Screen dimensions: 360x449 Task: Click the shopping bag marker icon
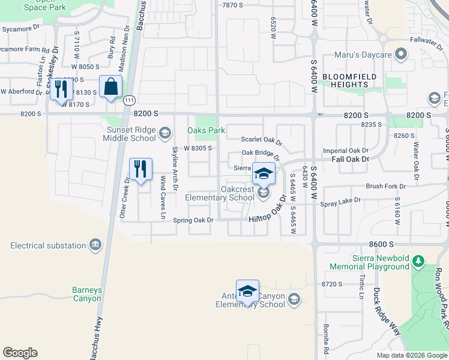coord(111,86)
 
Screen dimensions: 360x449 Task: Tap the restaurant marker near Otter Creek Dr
coord(140,169)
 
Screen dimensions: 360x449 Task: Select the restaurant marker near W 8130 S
coord(62,89)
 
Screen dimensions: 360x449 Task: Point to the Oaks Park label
coord(206,130)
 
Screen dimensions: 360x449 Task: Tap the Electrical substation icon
coord(95,245)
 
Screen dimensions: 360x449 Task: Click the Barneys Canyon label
coord(87,294)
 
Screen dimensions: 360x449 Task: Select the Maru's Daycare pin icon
coord(402,55)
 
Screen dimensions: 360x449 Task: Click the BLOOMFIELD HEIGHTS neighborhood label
coord(349,80)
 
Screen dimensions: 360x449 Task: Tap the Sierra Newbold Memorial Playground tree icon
coord(419,262)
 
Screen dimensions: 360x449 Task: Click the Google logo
coord(20,353)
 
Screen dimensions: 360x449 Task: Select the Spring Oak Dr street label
coord(193,220)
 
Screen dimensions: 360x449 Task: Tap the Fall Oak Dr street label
coord(349,159)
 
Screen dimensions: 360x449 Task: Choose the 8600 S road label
coord(381,244)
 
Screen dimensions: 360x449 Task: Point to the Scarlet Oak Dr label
coord(261,140)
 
